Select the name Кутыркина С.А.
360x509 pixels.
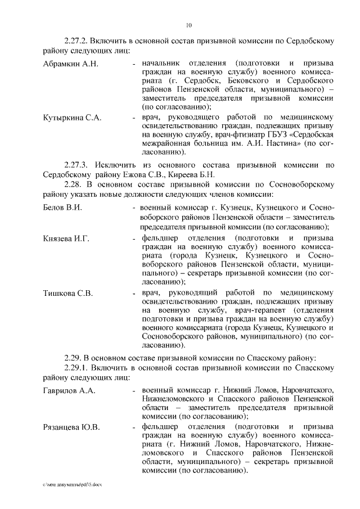click(72, 118)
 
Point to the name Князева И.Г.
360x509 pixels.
click(66, 238)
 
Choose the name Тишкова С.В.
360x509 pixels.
click(68, 293)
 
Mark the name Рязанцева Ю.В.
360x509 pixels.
click(71, 427)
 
